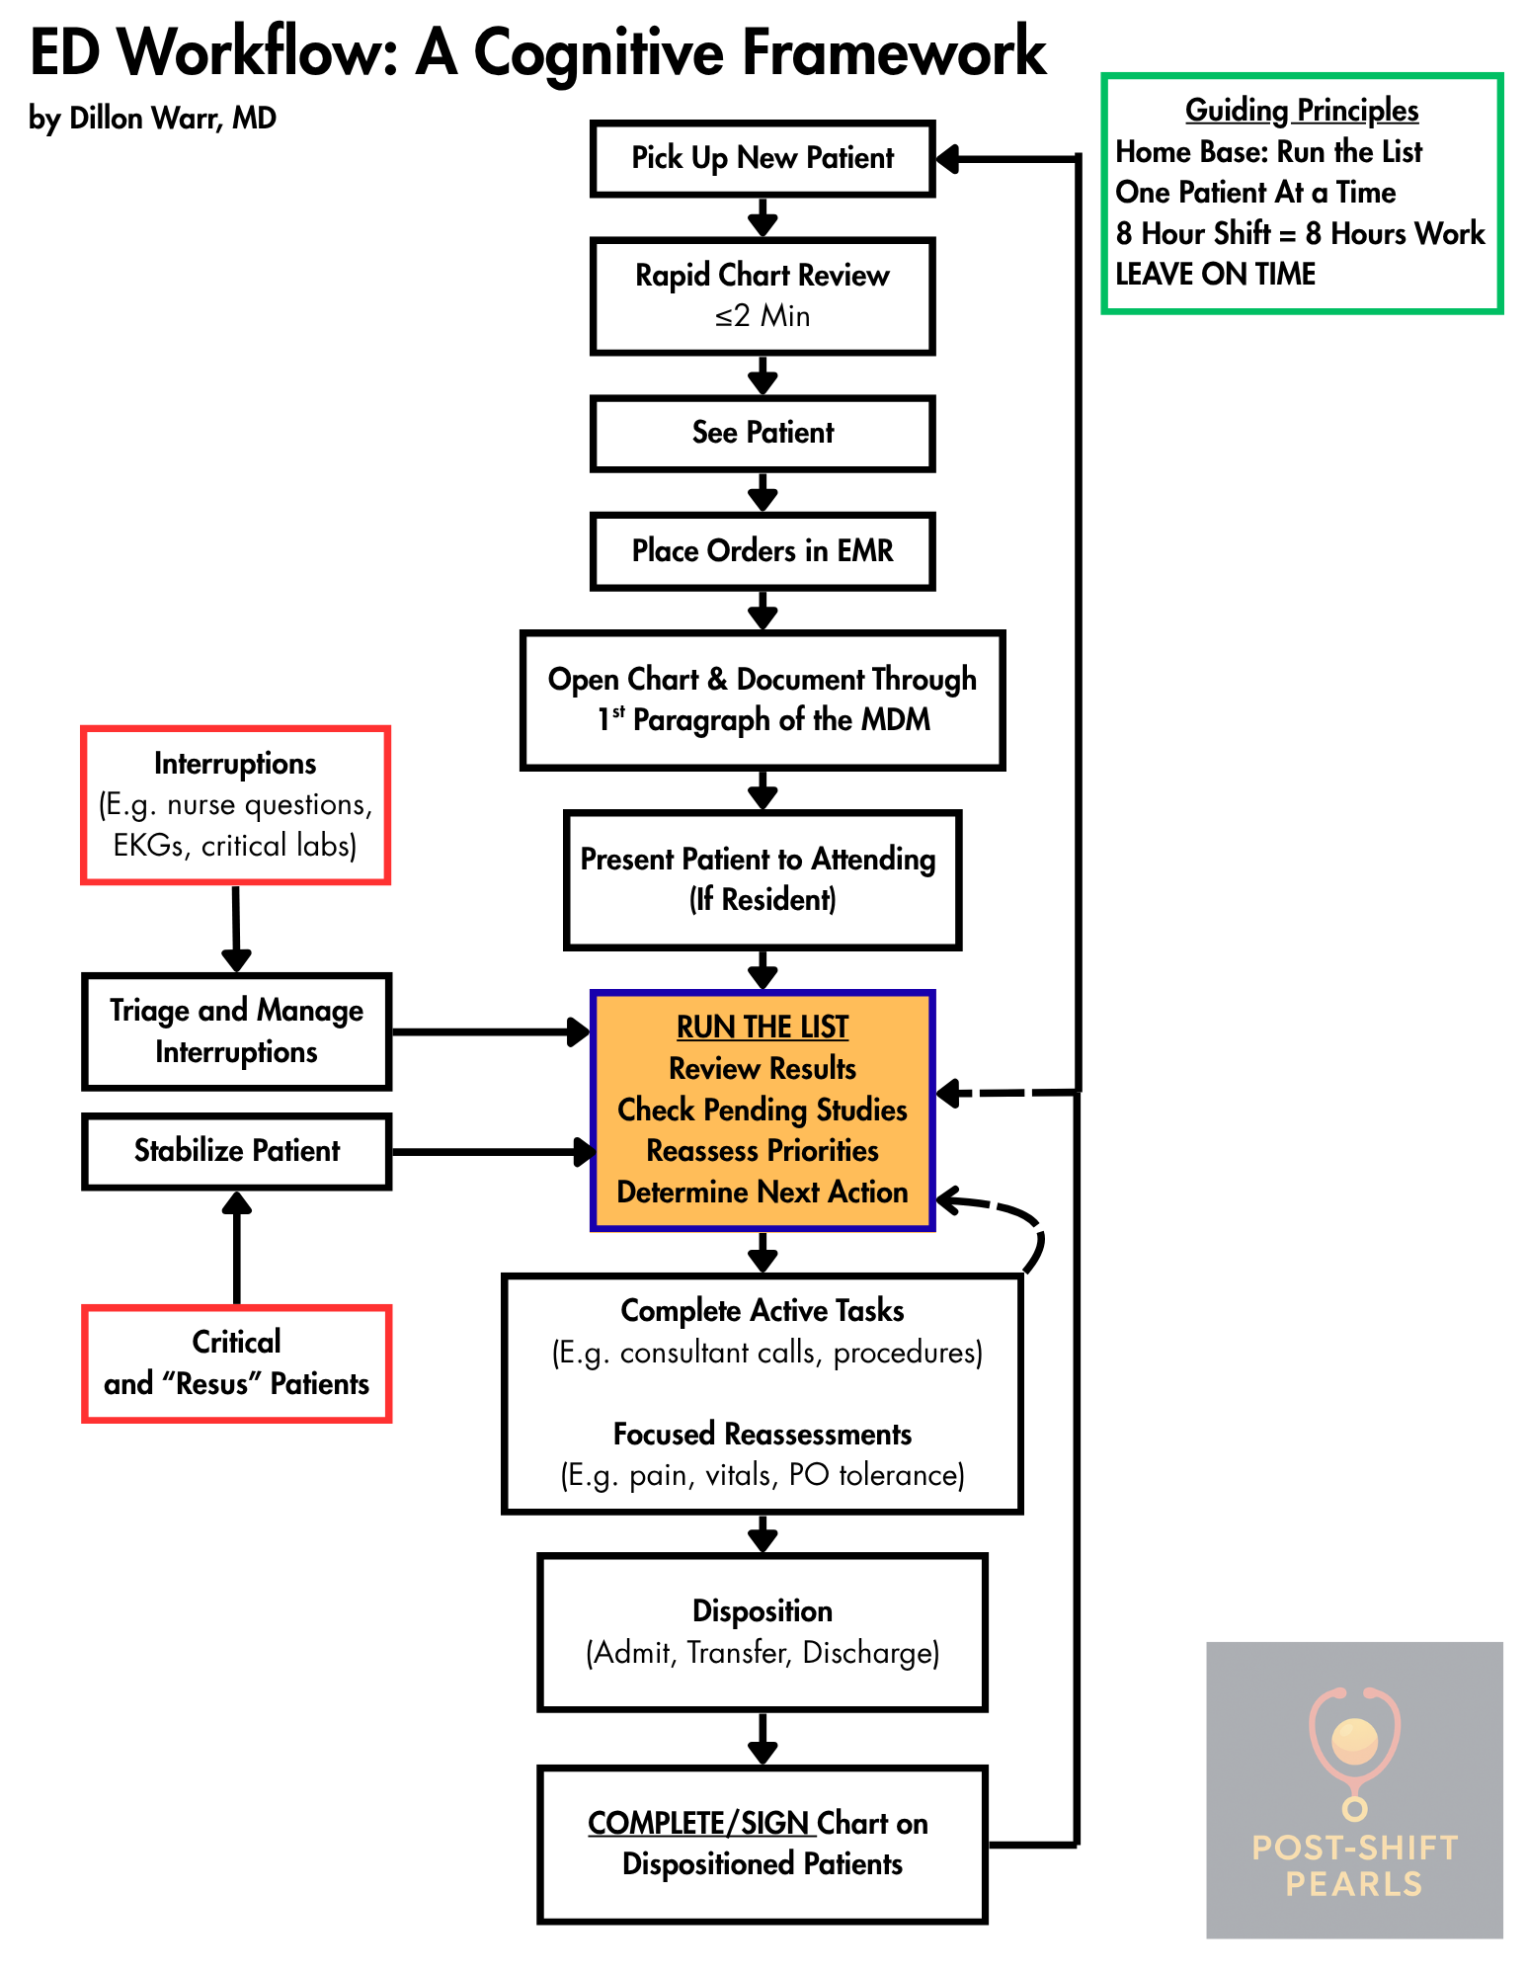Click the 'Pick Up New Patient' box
coord(763,158)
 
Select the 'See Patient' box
coord(763,433)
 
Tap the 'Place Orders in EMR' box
coord(763,550)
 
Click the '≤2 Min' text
coord(763,316)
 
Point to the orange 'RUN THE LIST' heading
coord(763,1028)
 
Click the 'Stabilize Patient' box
coord(237,1151)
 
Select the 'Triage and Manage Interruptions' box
coord(237,1031)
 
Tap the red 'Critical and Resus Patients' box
coord(237,1363)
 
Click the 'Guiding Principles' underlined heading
coord(1302,110)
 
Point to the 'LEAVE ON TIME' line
coord(1216,274)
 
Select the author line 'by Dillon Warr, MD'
coord(152,119)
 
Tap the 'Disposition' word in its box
coord(763,1611)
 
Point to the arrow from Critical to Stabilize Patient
coord(237,1248)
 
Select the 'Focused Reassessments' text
coord(763,1434)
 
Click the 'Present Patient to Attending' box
coord(763,879)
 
